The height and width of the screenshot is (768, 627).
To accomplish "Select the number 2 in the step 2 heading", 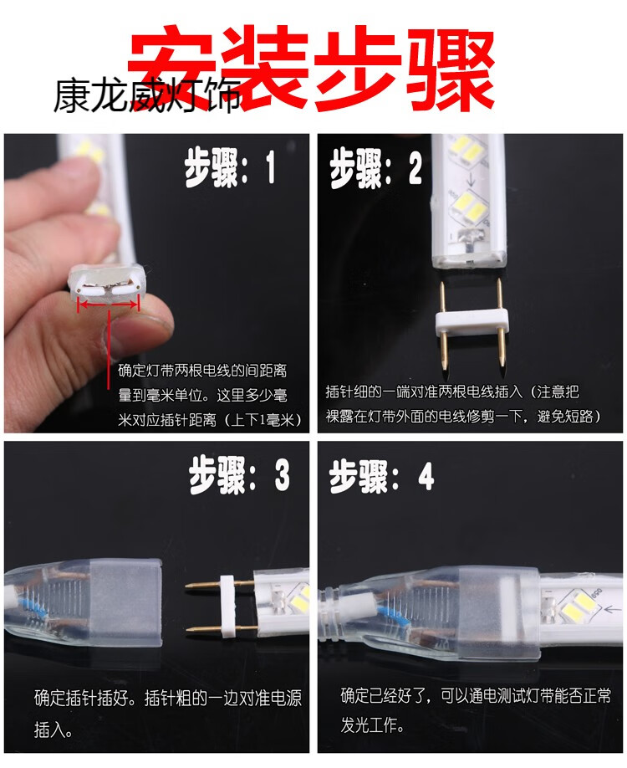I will pos(415,170).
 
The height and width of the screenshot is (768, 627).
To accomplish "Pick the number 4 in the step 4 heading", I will pos(426,478).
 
